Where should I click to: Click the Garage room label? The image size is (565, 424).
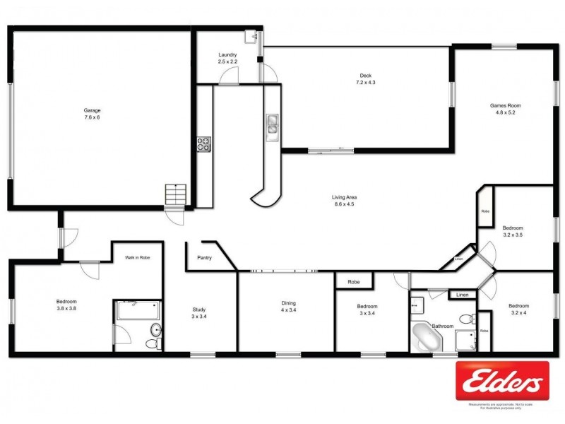click(x=93, y=110)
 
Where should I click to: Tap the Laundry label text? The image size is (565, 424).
click(x=227, y=54)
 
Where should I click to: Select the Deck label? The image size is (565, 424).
click(x=365, y=75)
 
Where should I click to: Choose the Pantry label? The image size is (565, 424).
click(x=206, y=258)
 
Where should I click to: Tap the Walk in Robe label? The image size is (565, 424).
click(x=138, y=258)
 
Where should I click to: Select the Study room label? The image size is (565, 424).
click(x=200, y=309)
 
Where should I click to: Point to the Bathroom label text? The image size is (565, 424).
click(x=443, y=326)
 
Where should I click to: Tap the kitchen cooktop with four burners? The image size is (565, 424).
click(x=203, y=144)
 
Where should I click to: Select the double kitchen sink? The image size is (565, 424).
click(x=272, y=126)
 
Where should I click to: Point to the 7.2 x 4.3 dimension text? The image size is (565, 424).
click(x=365, y=83)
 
